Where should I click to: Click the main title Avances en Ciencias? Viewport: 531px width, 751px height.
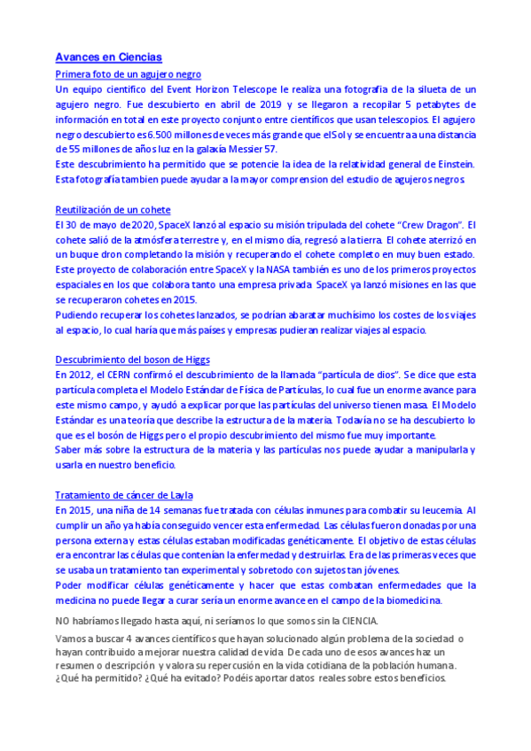pyautogui.click(x=108, y=57)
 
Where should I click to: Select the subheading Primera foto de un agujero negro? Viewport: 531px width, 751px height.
pyautogui.click(x=129, y=74)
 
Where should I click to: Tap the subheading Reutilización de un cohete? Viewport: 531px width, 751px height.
pyautogui.click(x=113, y=210)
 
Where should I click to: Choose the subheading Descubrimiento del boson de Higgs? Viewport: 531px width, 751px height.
pyautogui.click(x=131, y=360)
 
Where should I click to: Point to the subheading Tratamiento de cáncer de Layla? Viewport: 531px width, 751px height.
pyautogui.click(x=124, y=495)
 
